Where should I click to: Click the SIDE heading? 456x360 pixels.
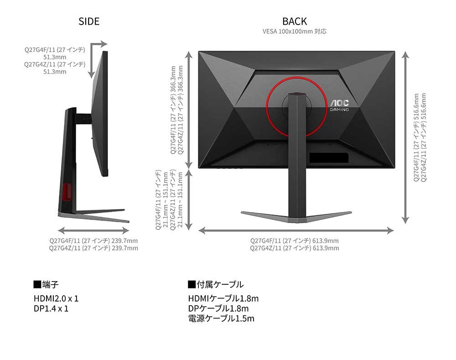click(89, 21)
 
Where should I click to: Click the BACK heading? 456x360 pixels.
click(295, 21)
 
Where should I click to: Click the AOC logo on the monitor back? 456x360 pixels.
click(339, 103)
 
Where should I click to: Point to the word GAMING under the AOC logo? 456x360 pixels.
click(339, 110)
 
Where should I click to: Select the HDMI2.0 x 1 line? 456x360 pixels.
click(56, 298)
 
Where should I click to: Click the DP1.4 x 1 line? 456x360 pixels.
click(51, 308)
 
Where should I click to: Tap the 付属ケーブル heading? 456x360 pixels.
click(220, 284)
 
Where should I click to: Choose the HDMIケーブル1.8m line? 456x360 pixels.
click(223, 298)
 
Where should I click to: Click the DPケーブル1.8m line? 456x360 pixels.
click(218, 308)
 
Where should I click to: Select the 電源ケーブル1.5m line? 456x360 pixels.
click(221, 318)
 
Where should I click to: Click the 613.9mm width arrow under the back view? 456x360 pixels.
click(296, 231)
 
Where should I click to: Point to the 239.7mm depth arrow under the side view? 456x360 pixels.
click(93, 231)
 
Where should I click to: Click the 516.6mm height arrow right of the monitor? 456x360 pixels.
click(405, 137)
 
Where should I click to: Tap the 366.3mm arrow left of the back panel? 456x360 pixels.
click(189, 110)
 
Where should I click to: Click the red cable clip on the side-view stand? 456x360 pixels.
click(67, 192)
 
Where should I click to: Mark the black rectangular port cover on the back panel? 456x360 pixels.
click(329, 158)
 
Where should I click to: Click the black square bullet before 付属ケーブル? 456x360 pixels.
click(192, 284)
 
